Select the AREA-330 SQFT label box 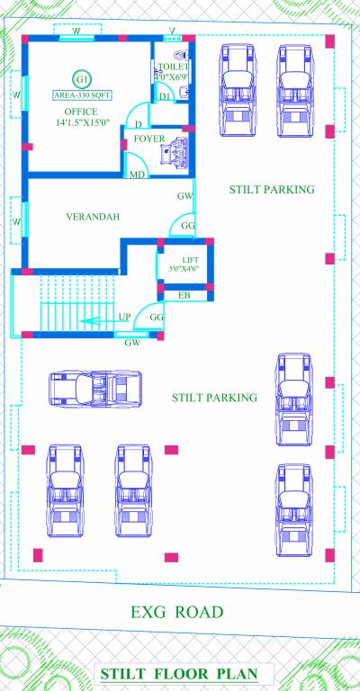pyautogui.click(x=82, y=94)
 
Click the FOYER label pyautogui.click(x=148, y=139)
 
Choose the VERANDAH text pyautogui.click(x=93, y=217)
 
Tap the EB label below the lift pyautogui.click(x=184, y=294)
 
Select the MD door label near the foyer pyautogui.click(x=137, y=175)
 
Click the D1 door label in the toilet pyautogui.click(x=165, y=95)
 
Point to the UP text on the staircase pyautogui.click(x=125, y=317)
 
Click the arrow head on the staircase pyautogui.click(x=82, y=319)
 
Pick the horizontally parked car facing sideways pyautogui.click(x=94, y=389)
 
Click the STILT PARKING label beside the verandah pyautogui.click(x=271, y=189)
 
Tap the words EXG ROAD pyautogui.click(x=176, y=612)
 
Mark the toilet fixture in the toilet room pyautogui.click(x=184, y=91)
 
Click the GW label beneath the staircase pyautogui.click(x=132, y=342)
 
